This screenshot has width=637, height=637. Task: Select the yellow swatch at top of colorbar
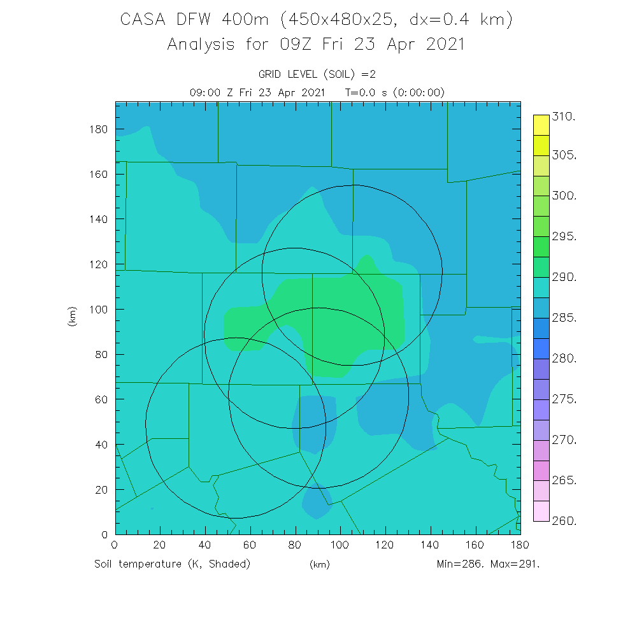[x=541, y=125]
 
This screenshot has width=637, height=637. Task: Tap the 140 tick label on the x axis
[x=431, y=545]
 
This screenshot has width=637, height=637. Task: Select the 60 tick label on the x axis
[x=250, y=545]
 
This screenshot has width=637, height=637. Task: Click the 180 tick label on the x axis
[x=520, y=545]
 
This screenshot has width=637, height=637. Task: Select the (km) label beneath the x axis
[x=319, y=564]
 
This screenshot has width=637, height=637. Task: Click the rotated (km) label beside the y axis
[x=71, y=316]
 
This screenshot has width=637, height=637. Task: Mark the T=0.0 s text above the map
[x=367, y=92]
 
